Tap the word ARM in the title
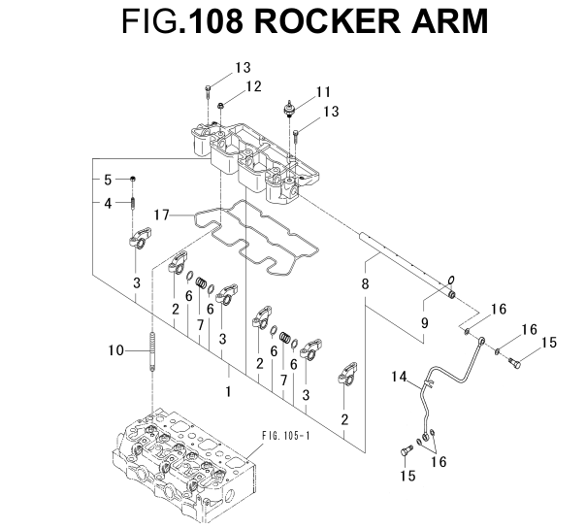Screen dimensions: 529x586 pos(451,22)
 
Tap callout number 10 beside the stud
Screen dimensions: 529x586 pos(114,350)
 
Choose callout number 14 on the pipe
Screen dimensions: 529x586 pos(399,376)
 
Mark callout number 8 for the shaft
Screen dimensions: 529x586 pos(366,284)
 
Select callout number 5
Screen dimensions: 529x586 pos(109,180)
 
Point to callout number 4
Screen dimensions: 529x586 pos(109,203)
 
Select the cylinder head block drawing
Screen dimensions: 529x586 pos(189,464)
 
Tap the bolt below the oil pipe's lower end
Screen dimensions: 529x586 pos(405,452)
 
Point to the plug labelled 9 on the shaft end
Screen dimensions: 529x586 pos(451,291)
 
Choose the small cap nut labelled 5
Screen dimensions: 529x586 pos(133,180)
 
